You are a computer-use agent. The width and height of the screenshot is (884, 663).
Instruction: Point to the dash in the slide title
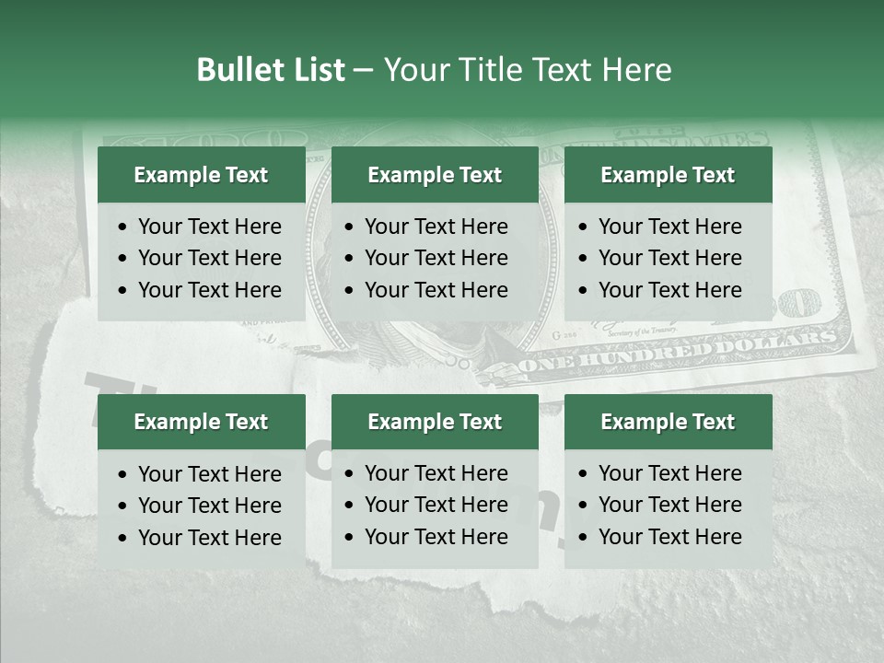point(363,71)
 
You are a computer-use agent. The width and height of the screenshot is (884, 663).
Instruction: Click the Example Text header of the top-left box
point(201,175)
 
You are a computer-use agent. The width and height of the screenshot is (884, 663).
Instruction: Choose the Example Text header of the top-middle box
point(435,175)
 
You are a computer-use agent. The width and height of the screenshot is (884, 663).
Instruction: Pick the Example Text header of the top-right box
point(668,175)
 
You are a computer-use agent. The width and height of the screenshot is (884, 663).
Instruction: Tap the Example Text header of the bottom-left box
point(201,422)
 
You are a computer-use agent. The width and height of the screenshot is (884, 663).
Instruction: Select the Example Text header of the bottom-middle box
point(435,422)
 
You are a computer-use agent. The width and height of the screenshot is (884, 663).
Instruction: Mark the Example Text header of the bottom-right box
point(668,422)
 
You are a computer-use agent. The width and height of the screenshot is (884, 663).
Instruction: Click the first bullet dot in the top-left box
point(124,227)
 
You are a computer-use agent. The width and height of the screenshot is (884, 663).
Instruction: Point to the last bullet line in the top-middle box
point(436,289)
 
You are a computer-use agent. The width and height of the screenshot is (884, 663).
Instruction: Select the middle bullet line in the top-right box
point(669,258)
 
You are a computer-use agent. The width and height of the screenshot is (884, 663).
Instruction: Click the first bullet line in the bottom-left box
point(209,474)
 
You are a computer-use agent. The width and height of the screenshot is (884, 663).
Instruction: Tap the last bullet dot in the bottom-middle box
point(351,538)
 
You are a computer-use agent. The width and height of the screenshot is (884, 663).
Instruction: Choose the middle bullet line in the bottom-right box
point(669,505)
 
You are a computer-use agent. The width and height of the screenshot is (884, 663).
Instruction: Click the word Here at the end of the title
point(636,70)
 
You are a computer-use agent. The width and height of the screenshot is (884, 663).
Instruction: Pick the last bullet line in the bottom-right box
point(669,536)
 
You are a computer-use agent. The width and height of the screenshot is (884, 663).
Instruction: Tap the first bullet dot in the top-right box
point(585,227)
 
